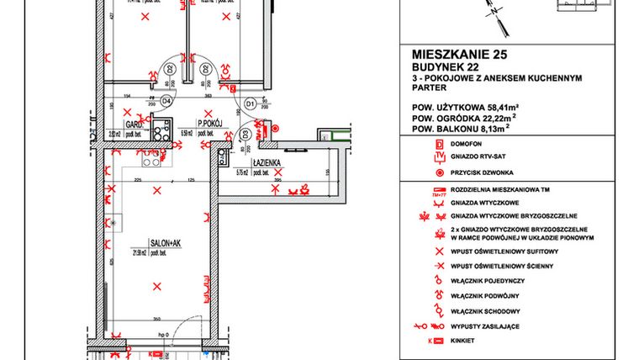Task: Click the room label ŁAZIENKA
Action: click(x=265, y=161)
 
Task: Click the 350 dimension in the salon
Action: click(x=156, y=318)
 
